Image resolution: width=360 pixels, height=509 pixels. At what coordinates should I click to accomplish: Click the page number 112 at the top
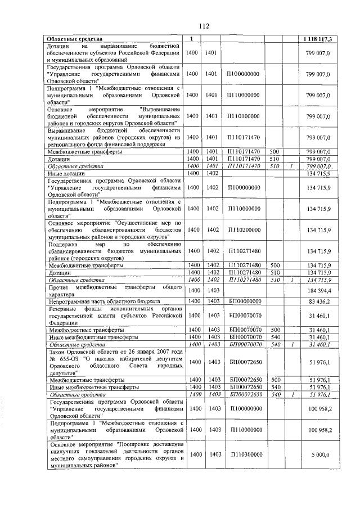(203, 25)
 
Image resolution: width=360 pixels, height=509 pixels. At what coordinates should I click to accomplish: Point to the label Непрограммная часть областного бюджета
(105, 301)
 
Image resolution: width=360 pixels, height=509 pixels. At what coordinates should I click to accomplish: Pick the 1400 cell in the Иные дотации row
(192, 174)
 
